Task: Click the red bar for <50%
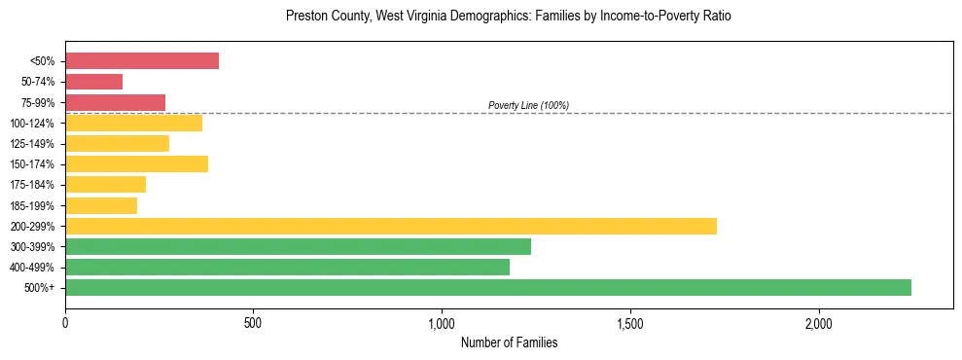142,61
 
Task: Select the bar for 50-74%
93,82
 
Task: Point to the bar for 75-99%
115,102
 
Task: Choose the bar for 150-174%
136,163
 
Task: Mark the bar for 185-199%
101,205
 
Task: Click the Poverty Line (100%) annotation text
528,105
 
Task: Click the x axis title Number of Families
509,342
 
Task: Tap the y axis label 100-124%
32,124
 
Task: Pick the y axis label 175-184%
32,185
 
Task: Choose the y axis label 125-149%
32,144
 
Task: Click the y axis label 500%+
38,288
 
